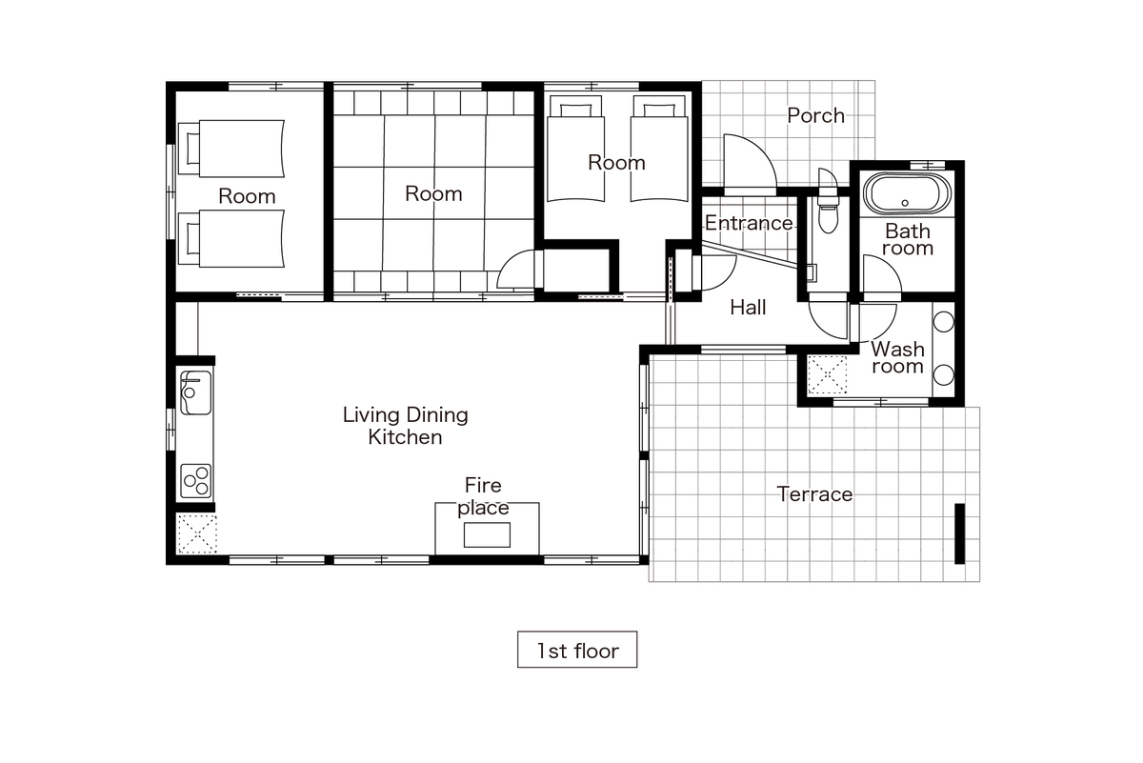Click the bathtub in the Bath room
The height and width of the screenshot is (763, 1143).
click(907, 194)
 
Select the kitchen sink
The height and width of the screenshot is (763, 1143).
click(195, 392)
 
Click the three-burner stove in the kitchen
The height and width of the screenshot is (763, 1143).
click(196, 481)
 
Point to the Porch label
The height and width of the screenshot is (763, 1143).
click(816, 116)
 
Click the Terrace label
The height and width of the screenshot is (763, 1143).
click(814, 494)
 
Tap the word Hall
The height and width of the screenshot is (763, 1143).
click(748, 308)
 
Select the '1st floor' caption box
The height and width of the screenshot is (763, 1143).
click(577, 650)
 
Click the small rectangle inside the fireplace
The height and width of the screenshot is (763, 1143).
click(487, 535)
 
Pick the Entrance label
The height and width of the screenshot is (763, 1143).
click(749, 223)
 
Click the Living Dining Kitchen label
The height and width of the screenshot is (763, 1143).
click(405, 426)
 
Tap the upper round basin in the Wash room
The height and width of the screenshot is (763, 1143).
click(944, 322)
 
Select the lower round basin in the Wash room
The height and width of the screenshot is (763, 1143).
click(944, 375)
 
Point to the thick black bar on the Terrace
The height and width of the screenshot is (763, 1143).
click(960, 533)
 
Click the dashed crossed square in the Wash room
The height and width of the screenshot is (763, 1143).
click(827, 375)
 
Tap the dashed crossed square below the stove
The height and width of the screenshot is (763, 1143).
click(197, 533)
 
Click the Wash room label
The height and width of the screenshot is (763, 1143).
click(897, 357)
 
